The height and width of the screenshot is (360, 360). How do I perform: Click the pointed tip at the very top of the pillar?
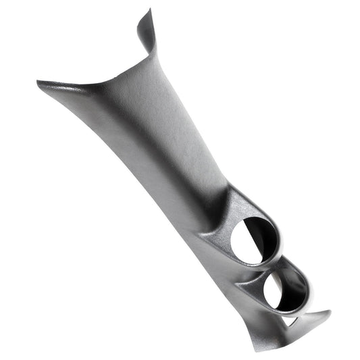click(x=150, y=11)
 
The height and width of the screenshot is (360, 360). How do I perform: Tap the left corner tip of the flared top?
click(x=40, y=84)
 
